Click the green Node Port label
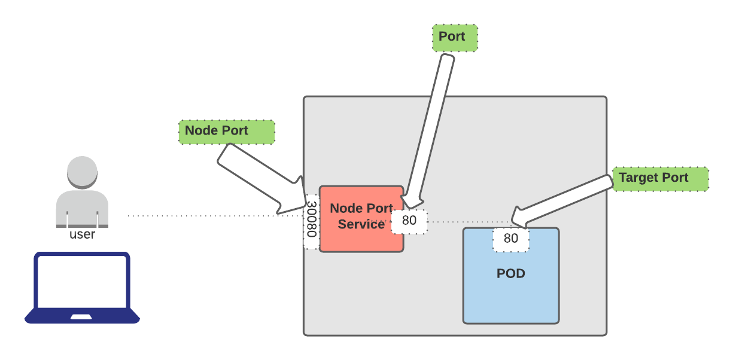[226, 132]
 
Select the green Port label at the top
[455, 38]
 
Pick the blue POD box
[510, 293]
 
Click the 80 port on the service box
[409, 221]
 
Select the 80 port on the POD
[510, 239]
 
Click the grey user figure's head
[82, 172]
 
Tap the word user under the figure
[82, 234]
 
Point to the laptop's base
[82, 316]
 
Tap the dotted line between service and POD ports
[461, 222]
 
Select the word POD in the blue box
[510, 274]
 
